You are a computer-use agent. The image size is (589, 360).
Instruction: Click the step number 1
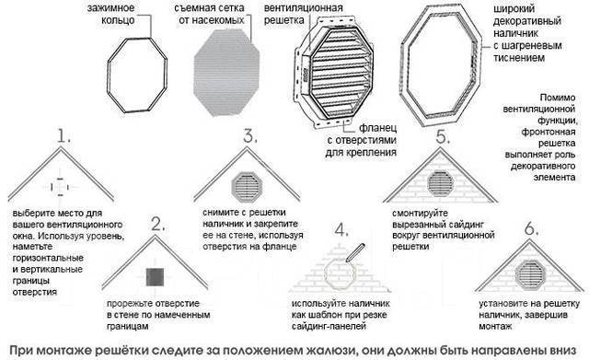click(64, 135)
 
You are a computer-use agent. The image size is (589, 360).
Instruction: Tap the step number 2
click(158, 224)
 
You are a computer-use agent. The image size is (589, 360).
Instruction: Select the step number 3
click(250, 135)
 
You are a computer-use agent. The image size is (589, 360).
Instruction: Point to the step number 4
click(341, 229)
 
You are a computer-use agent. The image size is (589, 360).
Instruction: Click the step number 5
click(443, 137)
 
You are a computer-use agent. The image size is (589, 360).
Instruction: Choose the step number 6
click(531, 228)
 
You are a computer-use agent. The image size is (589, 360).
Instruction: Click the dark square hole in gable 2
click(155, 277)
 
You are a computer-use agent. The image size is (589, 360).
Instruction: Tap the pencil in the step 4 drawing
click(355, 252)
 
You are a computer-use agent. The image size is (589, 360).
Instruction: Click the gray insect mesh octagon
click(226, 73)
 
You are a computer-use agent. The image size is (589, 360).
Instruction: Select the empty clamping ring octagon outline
click(109, 75)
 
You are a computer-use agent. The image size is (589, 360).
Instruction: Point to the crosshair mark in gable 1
click(60, 187)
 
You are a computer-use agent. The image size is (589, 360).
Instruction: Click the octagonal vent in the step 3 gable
click(247, 187)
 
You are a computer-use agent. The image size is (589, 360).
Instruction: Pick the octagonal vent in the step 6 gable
click(530, 274)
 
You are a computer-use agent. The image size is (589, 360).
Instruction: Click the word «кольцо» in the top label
click(118, 20)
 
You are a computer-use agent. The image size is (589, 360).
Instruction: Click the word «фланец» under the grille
click(378, 128)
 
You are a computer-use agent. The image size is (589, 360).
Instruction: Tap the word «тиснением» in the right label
click(519, 57)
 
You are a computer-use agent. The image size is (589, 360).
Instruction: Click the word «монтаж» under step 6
click(495, 326)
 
